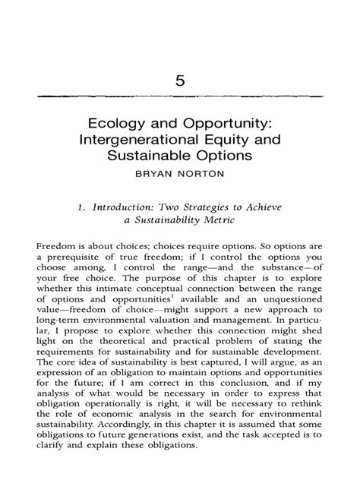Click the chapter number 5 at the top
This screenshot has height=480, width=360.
coord(179,81)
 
